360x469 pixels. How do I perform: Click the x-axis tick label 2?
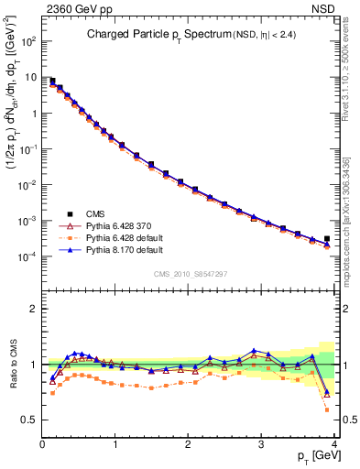point(188,444)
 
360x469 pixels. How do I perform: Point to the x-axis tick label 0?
point(42,444)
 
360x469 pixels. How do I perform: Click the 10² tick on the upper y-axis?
point(28,42)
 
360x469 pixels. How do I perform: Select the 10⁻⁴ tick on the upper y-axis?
point(28,256)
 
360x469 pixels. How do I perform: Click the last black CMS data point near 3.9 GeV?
point(327,238)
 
